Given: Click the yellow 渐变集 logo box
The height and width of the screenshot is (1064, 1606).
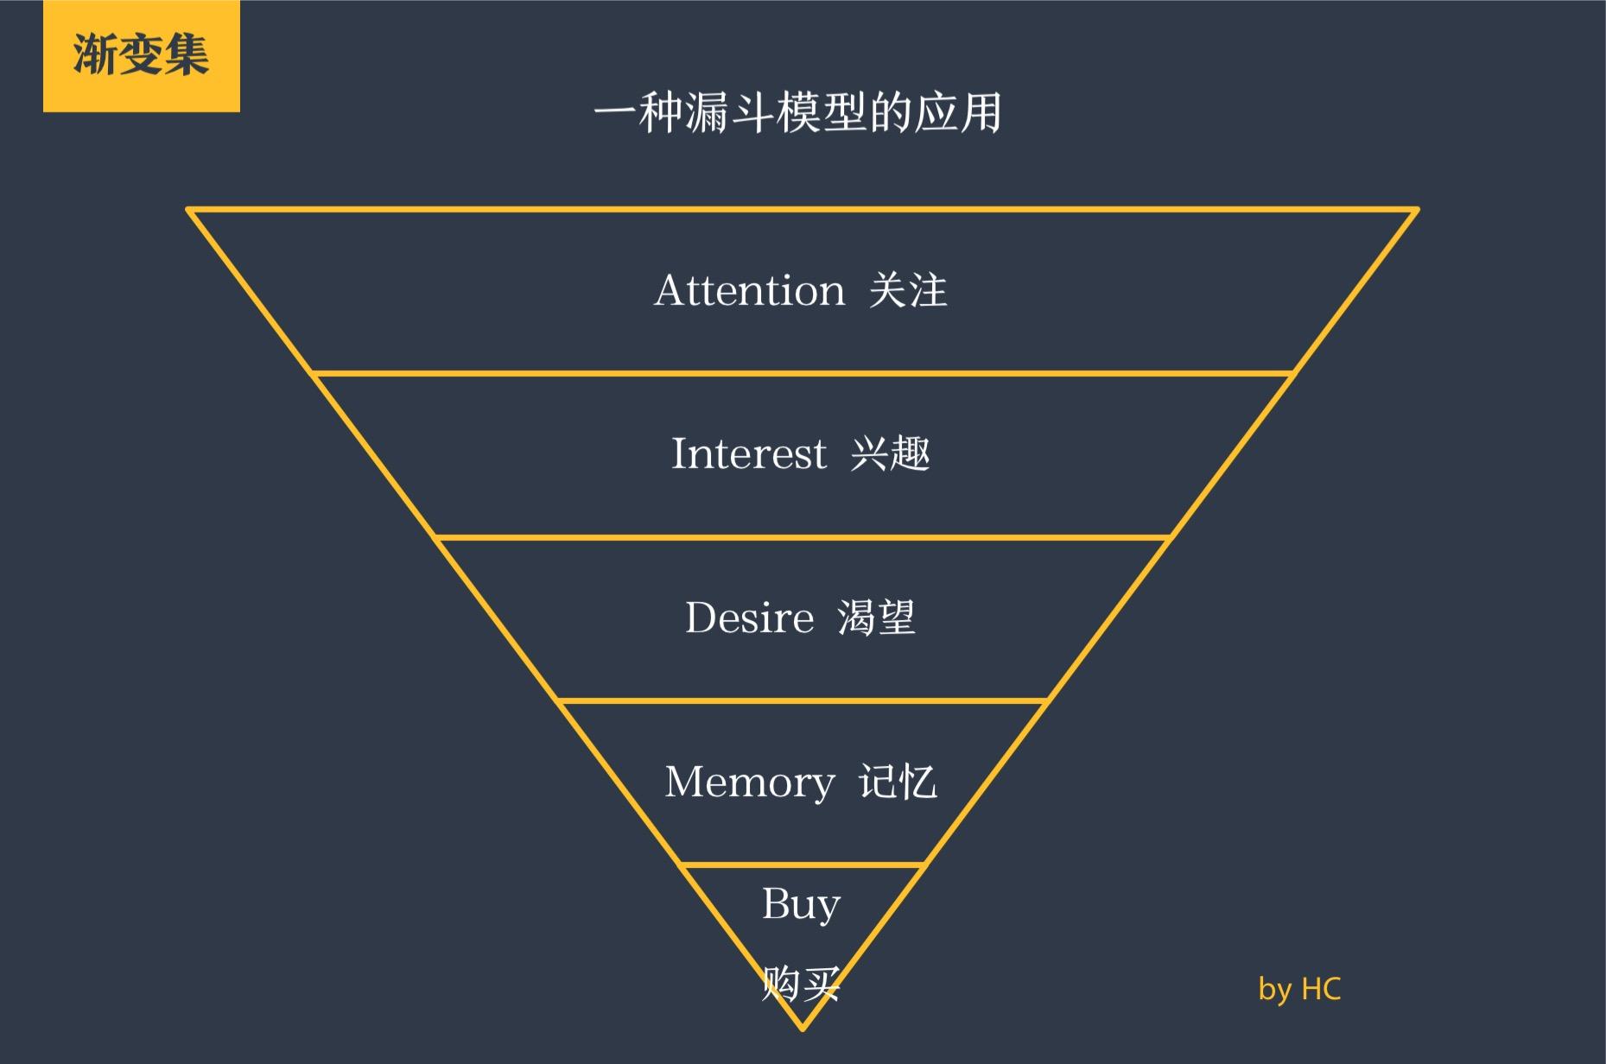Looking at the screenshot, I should (141, 56).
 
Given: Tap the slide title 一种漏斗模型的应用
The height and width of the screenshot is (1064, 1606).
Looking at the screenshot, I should (797, 113).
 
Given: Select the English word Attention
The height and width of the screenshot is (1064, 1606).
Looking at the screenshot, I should (749, 290).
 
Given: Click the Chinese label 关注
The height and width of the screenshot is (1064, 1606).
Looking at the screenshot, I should (908, 290).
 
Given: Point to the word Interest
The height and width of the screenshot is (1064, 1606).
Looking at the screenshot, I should (748, 454).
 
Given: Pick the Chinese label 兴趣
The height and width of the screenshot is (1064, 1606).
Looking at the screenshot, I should (890, 454).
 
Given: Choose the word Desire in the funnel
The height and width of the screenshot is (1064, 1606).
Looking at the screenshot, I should (749, 618).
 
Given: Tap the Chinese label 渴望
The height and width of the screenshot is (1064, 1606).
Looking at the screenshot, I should (876, 618).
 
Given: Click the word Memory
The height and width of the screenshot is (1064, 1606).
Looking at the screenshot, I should (749, 782).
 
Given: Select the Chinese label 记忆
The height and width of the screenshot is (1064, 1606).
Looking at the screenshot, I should (898, 782).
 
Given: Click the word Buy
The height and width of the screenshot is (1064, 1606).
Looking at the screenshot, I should (801, 905).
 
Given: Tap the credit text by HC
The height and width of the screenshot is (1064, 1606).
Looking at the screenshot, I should (1299, 989).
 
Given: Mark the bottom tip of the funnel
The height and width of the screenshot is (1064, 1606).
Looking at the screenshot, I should (802, 1028).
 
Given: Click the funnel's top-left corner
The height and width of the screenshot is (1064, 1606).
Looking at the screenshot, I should (189, 210).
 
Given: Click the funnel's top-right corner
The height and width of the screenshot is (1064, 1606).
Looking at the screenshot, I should (1416, 210).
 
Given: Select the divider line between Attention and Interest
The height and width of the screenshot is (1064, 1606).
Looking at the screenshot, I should (802, 374).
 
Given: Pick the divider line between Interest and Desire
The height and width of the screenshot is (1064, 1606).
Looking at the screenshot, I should (802, 538).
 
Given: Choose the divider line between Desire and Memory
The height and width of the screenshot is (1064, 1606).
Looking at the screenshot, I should (802, 701).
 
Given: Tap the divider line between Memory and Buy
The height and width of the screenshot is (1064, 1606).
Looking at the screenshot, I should (802, 864).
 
